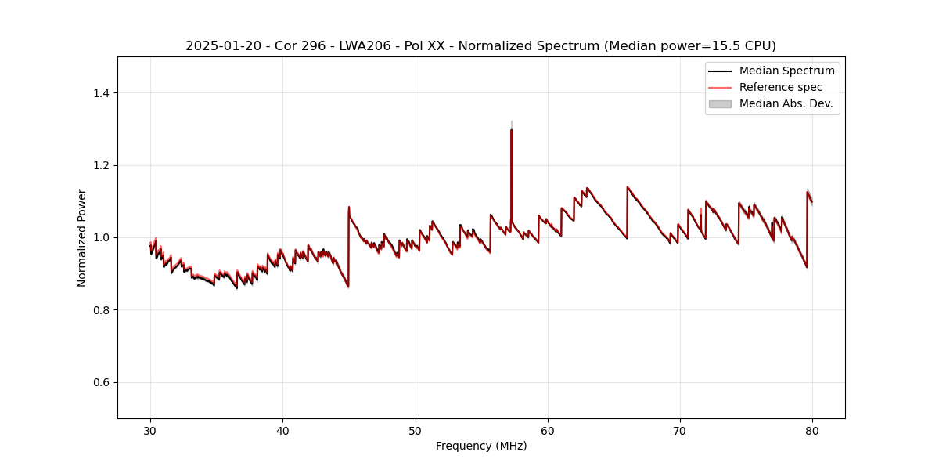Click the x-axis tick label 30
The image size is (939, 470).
coord(150,431)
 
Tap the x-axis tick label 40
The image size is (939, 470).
coord(282,431)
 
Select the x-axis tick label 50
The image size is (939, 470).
coord(415,431)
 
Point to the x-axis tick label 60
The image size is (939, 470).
coord(548,431)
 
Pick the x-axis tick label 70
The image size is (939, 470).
coord(680,431)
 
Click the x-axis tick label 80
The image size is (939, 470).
coord(812,431)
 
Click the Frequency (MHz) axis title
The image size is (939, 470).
coord(481,446)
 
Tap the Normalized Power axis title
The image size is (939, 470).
coord(82,237)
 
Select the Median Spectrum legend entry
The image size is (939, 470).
coord(786,70)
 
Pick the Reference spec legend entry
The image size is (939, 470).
coord(781,87)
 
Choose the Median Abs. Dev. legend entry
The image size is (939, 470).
coord(786,103)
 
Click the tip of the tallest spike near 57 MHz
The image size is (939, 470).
coord(511,129)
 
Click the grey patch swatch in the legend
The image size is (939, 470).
coord(720,103)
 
